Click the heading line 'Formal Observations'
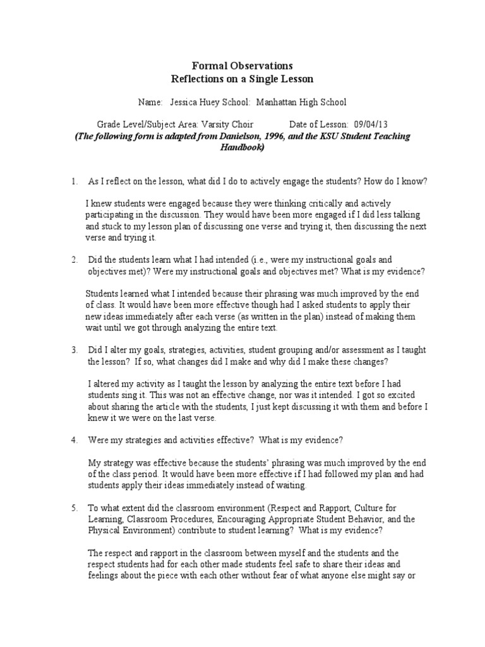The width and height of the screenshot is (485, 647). pyautogui.click(x=242, y=66)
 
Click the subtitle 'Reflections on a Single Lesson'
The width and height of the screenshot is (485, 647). pyautogui.click(x=242, y=79)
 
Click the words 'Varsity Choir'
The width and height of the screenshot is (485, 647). pyautogui.click(x=230, y=124)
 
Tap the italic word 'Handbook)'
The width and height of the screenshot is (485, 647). pyautogui.click(x=242, y=147)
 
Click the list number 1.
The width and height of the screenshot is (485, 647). pyautogui.click(x=74, y=181)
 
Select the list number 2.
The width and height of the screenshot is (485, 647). pyautogui.click(x=74, y=260)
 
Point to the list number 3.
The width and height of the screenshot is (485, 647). pyautogui.click(x=74, y=349)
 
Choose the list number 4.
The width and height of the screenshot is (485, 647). pyautogui.click(x=74, y=439)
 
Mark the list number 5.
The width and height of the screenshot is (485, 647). pyautogui.click(x=74, y=507)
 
